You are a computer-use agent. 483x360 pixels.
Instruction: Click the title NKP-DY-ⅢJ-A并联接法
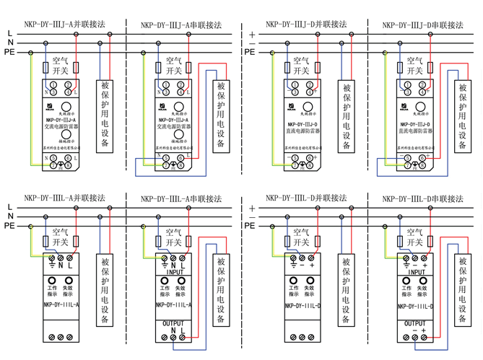(x=66, y=25)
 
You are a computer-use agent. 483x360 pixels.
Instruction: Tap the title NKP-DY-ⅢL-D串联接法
(x=422, y=198)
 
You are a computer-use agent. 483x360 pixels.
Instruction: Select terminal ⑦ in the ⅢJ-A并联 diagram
(x=53, y=165)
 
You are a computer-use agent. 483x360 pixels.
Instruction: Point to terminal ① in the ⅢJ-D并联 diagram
(x=295, y=85)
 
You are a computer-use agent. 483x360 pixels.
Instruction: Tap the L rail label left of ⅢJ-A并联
(x=9, y=33)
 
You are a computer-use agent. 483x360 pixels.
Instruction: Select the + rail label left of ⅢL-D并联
(x=251, y=207)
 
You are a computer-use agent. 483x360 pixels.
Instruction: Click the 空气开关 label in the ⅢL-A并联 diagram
(x=61, y=237)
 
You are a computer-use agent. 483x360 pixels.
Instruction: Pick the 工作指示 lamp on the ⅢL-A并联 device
(x=53, y=281)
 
